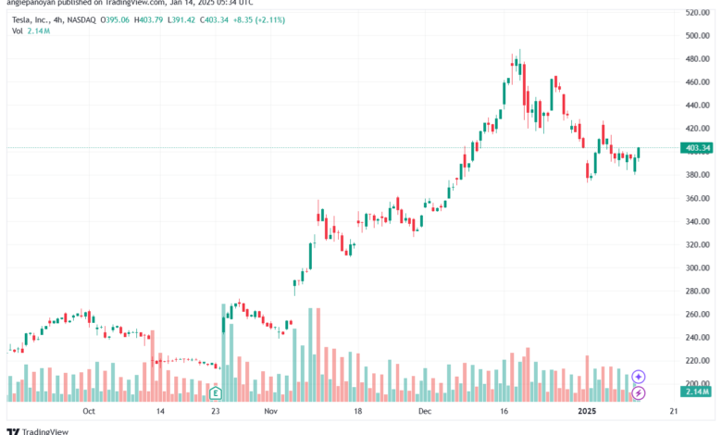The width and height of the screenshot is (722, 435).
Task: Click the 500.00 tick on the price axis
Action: click(698, 35)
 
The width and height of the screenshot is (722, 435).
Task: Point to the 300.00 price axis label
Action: click(698, 267)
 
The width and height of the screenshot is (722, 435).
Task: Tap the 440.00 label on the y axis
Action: click(698, 105)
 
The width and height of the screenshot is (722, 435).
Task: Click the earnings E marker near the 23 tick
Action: click(216, 393)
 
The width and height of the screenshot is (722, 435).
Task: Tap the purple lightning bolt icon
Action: click(638, 393)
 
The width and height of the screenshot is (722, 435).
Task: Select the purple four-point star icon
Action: click(638, 377)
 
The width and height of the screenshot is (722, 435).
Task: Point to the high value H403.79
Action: click(183, 18)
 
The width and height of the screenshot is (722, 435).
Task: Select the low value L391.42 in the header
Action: click(223, 18)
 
